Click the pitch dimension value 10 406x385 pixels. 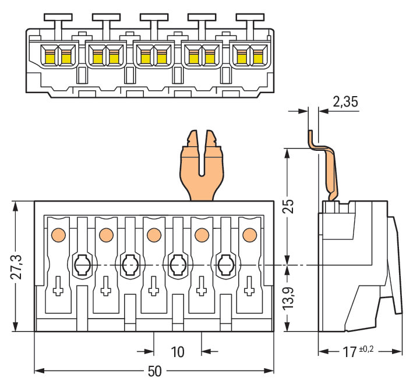177,352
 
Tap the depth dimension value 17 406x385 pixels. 348,352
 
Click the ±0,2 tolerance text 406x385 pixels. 366,348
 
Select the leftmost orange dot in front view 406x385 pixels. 58,235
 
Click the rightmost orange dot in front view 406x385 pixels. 249,235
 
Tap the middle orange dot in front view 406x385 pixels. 154,235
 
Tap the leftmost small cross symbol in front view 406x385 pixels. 58,287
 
